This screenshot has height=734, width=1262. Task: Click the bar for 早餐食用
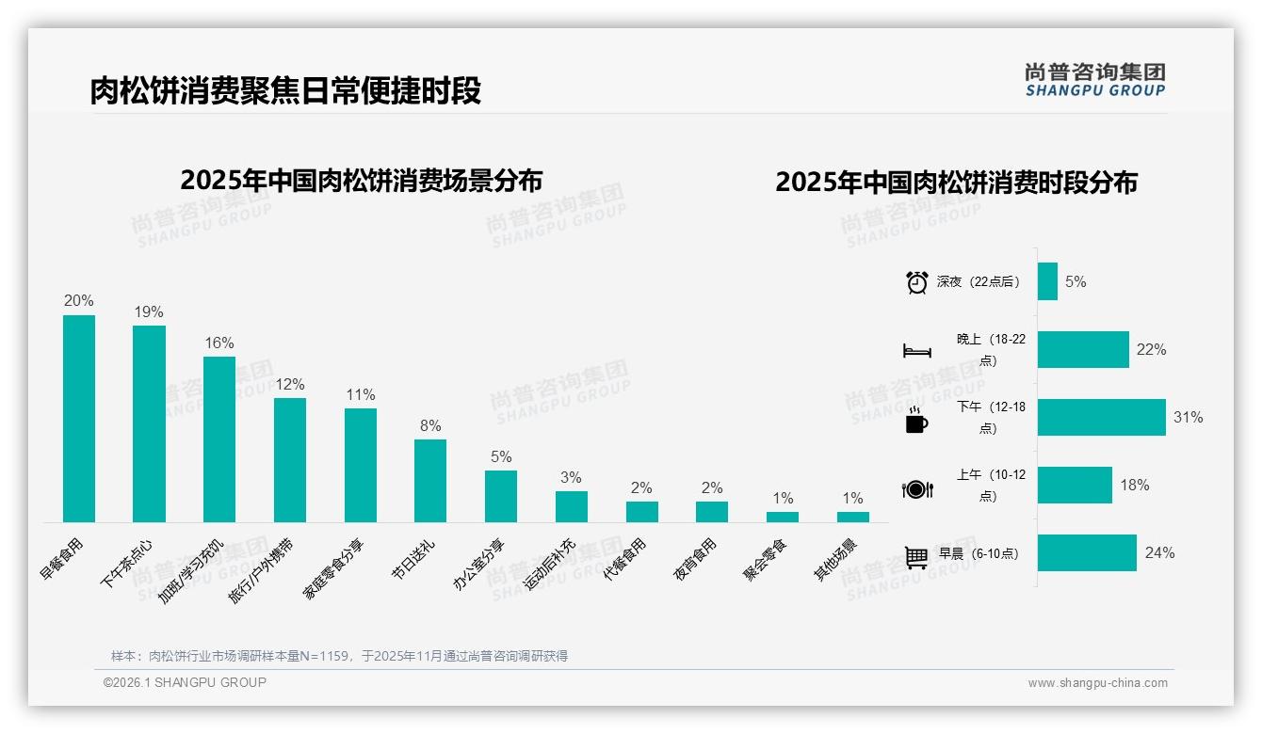(x=79, y=419)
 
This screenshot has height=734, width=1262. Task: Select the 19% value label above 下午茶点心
(x=149, y=312)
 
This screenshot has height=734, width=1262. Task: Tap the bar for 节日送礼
(x=430, y=481)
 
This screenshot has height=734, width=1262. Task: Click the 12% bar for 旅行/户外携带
(x=290, y=460)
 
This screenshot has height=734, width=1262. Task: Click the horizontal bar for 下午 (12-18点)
(x=1101, y=417)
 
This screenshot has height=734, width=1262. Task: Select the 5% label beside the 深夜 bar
(x=1076, y=281)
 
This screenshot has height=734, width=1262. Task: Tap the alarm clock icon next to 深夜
(x=916, y=282)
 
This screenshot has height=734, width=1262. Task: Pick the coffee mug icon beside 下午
(x=916, y=420)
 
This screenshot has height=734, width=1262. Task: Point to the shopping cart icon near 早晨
(x=916, y=556)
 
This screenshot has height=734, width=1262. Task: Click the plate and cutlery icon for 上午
(x=916, y=488)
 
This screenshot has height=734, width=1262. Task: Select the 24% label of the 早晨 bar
(x=1159, y=553)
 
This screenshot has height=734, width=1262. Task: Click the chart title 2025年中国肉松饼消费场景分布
(x=361, y=180)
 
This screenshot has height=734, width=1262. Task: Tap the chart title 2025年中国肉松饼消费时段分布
(x=956, y=183)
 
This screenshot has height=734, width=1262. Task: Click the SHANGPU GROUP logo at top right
(x=1094, y=80)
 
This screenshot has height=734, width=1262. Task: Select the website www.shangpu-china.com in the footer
(x=1097, y=683)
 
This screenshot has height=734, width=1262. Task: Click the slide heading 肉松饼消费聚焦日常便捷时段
(x=285, y=91)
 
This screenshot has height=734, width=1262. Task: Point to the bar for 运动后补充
(x=571, y=506)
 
